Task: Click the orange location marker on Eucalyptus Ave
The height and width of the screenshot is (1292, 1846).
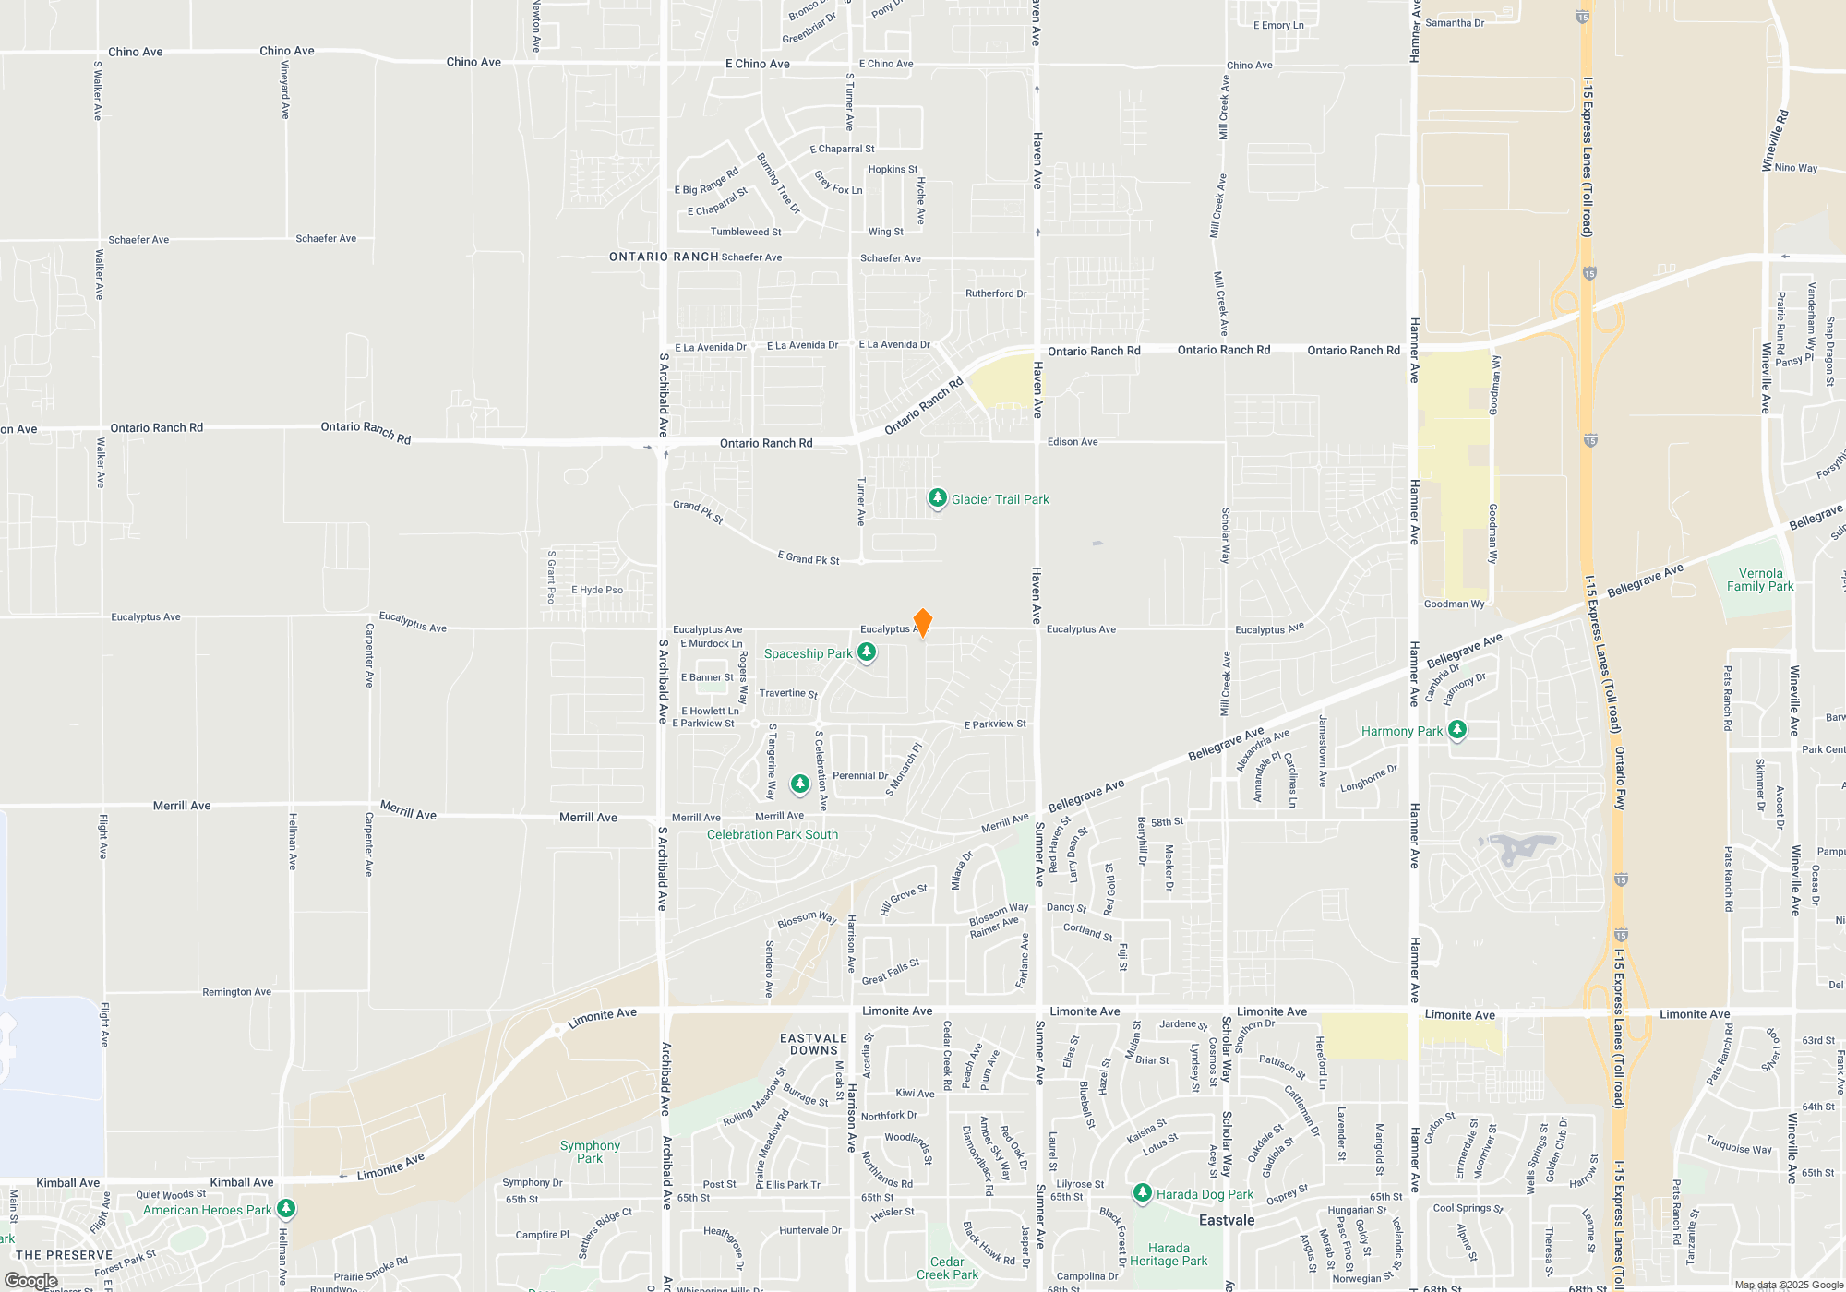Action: tap(922, 622)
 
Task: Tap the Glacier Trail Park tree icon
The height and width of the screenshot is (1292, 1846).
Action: tap(937, 498)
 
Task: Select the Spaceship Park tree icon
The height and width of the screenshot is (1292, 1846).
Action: tap(866, 652)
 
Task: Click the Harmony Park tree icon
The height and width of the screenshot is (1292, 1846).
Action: tap(1456, 730)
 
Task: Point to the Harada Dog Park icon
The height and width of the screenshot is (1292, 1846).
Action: tap(1142, 1193)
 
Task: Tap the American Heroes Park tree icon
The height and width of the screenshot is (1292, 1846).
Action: tap(286, 1208)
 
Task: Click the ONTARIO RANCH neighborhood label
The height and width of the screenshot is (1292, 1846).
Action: tap(664, 257)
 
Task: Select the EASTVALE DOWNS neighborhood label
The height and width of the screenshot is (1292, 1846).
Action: tap(813, 1044)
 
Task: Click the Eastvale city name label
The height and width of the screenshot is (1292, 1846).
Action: tap(1226, 1220)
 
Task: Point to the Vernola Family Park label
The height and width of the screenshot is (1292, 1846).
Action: tap(1760, 580)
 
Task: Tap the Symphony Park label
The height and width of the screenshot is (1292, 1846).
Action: tap(590, 1152)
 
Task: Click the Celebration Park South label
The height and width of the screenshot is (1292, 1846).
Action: tap(772, 834)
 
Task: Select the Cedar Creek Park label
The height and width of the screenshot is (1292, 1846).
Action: tap(947, 1268)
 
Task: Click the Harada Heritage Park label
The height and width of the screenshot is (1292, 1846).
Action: tap(1169, 1254)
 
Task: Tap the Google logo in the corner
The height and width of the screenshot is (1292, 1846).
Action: tap(30, 1281)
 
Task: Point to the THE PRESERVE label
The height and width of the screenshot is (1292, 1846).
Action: tap(64, 1255)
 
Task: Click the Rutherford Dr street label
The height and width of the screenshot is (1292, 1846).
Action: tap(996, 293)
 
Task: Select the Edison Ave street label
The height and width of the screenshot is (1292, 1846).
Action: tap(1073, 442)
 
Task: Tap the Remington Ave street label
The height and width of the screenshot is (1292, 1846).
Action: tap(236, 992)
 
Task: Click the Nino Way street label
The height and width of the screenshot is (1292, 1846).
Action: tap(1795, 168)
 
